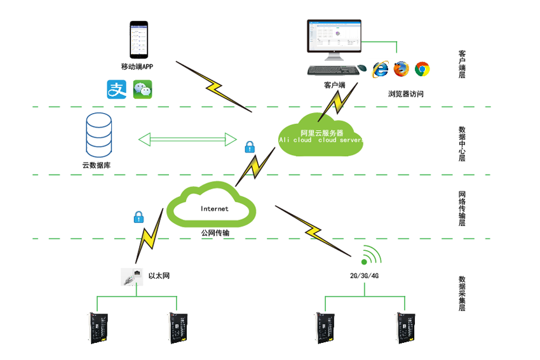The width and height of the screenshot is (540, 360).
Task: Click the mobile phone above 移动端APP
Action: (x=139, y=39)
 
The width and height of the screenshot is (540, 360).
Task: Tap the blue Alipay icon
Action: (x=117, y=89)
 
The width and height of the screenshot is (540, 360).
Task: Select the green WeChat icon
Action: (x=143, y=89)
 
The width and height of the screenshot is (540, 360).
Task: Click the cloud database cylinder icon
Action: (x=98, y=135)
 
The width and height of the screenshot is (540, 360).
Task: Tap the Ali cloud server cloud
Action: (x=321, y=136)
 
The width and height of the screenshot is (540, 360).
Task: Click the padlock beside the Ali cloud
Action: (x=250, y=147)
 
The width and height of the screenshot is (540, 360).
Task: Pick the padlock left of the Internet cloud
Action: (x=137, y=217)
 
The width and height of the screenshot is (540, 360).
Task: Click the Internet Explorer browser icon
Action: (x=381, y=69)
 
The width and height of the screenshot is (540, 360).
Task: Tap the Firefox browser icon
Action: (x=401, y=69)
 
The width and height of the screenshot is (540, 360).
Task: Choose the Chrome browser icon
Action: (x=422, y=69)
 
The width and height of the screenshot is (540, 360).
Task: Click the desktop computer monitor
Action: (x=334, y=39)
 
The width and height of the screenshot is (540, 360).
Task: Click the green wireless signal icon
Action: (x=370, y=256)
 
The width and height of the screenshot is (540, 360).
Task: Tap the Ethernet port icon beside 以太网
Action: (x=132, y=277)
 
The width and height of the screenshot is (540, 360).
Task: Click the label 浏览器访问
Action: (x=405, y=94)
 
